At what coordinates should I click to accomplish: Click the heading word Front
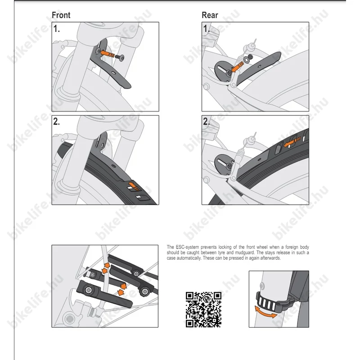click(x=61, y=15)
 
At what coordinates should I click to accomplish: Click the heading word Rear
click(x=210, y=15)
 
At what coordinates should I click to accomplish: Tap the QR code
click(x=203, y=310)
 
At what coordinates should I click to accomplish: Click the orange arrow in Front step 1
click(x=107, y=54)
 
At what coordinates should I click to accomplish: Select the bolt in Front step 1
click(x=120, y=57)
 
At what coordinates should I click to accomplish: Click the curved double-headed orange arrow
click(x=266, y=312)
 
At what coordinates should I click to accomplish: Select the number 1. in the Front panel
click(x=57, y=29)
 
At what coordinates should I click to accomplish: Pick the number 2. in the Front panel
click(x=57, y=121)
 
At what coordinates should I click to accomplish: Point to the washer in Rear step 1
click(x=247, y=59)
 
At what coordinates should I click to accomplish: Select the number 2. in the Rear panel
click(x=206, y=121)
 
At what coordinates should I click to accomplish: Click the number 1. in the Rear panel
click(x=206, y=29)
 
